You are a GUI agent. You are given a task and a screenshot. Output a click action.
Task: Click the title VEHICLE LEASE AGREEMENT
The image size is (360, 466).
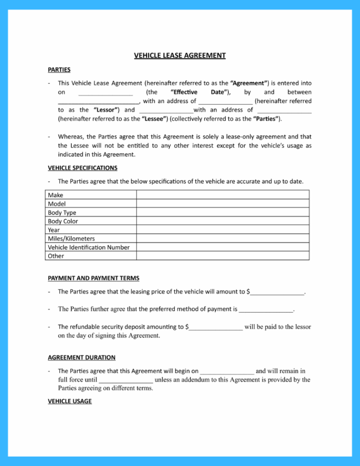click(180, 56)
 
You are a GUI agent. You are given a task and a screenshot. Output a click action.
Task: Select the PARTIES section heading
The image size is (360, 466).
click(59, 70)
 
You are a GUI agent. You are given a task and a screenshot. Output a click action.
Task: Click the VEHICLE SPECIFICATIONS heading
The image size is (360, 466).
click(82, 167)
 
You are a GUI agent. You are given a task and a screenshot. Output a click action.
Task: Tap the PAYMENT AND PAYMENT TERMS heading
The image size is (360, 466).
click(93, 278)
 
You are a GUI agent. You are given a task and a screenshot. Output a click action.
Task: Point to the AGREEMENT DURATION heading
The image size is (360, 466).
click(82, 357)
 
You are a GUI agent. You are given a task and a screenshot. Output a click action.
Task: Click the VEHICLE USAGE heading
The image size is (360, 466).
click(70, 401)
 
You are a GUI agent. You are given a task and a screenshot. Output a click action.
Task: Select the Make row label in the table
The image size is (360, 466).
click(56, 195)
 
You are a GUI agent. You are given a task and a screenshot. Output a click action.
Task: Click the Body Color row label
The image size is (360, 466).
click(63, 221)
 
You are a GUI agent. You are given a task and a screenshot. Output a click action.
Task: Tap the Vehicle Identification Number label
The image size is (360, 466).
click(89, 247)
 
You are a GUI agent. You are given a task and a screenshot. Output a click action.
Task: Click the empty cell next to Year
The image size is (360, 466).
click(223, 230)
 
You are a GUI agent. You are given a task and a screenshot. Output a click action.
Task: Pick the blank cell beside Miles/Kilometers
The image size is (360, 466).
click(223, 238)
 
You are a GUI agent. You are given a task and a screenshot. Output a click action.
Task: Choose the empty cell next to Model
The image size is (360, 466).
click(223, 204)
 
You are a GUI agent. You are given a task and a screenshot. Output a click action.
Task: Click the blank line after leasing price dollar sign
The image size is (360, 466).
click(277, 293)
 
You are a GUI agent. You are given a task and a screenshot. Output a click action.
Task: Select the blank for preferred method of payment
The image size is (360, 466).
click(265, 310)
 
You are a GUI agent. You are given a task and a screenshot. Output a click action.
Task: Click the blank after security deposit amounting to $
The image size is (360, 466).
click(216, 327)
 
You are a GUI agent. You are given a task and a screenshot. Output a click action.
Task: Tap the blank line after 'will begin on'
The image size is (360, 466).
click(227, 372)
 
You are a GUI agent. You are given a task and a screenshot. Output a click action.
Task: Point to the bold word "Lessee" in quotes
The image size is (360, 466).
click(155, 118)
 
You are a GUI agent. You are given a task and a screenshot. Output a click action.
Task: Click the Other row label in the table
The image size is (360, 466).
click(56, 256)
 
